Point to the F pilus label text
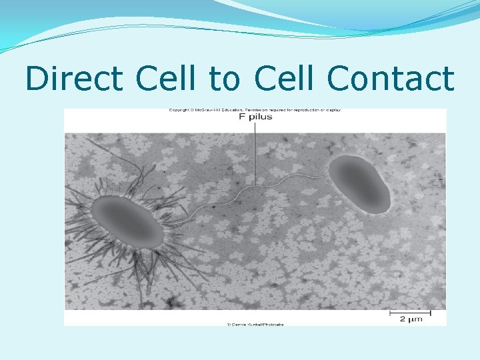[255, 117]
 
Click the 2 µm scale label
[411, 319]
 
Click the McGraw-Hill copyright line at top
[255, 110]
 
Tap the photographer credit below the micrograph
[255, 325]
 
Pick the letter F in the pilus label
[242, 117]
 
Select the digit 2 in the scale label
[403, 319]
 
